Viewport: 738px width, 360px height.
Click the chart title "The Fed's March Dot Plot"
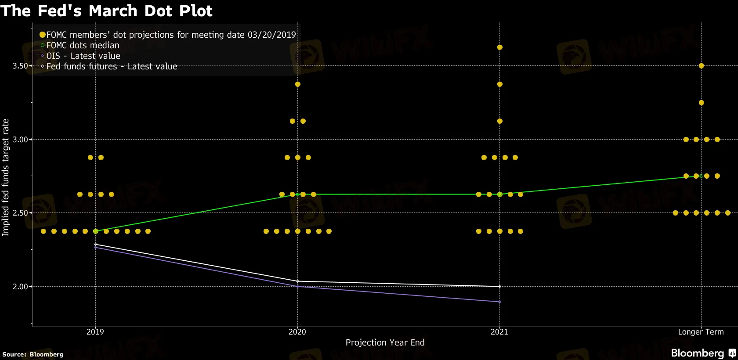pos(106,11)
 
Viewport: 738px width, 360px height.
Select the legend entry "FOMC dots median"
pos(83,45)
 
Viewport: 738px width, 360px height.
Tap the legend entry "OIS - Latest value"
pos(83,56)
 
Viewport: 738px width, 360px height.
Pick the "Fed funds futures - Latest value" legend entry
pos(112,66)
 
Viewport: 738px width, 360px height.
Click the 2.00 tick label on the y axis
pos(20,287)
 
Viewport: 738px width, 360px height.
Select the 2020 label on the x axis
pos(297,332)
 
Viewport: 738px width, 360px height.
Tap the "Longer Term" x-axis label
pos(701,332)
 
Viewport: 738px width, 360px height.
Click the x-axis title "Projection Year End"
pos(385,342)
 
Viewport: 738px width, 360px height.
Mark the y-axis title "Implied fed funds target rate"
pos(6,177)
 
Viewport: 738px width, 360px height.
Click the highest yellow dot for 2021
pos(499,47)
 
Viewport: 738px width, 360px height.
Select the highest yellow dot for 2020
pos(297,84)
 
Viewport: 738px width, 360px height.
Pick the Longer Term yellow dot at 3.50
pos(701,66)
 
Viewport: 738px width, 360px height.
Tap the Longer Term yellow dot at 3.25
pos(701,103)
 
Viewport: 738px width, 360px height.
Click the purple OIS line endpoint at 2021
pos(499,302)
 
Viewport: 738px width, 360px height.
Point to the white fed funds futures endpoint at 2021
pos(499,287)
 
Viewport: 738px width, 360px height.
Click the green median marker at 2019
pos(96,231)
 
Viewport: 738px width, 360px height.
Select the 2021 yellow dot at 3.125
pos(499,121)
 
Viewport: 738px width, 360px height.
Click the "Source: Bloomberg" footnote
pos(33,354)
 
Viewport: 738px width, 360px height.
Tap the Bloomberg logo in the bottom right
pos(703,353)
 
